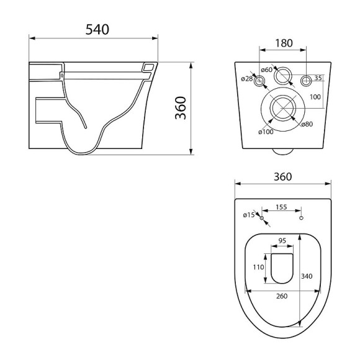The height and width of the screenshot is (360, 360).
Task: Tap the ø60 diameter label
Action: coord(267,70)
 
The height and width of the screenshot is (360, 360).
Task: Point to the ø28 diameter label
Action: coord(247,78)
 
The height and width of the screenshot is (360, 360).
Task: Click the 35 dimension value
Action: coord(318,78)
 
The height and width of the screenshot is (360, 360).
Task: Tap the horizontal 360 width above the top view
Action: coord(282,176)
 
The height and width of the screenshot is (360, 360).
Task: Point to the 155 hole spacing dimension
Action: coord(281,208)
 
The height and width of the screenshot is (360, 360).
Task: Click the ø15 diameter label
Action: coord(249,215)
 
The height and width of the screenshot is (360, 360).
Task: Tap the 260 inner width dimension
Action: coord(282,295)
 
